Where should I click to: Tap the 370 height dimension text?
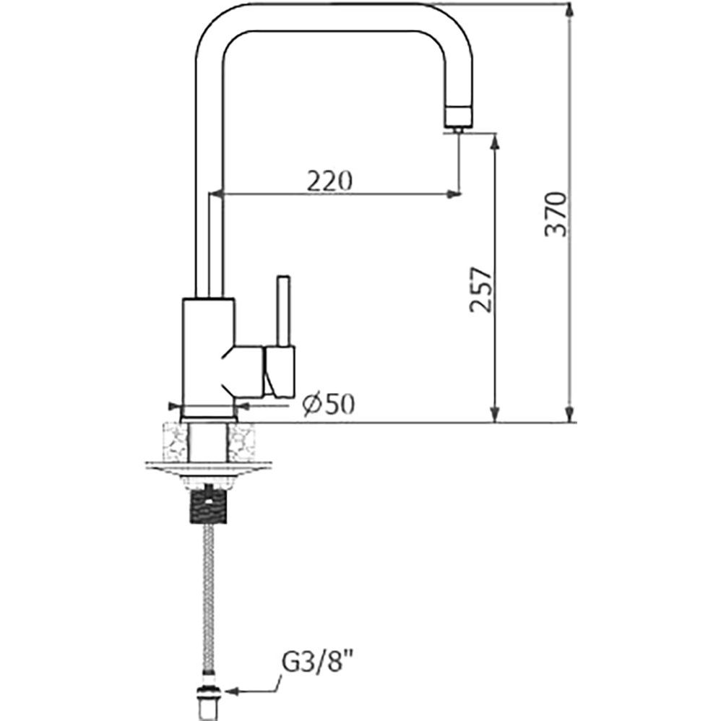(556, 215)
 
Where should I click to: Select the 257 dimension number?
(481, 290)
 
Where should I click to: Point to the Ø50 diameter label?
(329, 405)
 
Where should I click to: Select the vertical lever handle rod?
(283, 311)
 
